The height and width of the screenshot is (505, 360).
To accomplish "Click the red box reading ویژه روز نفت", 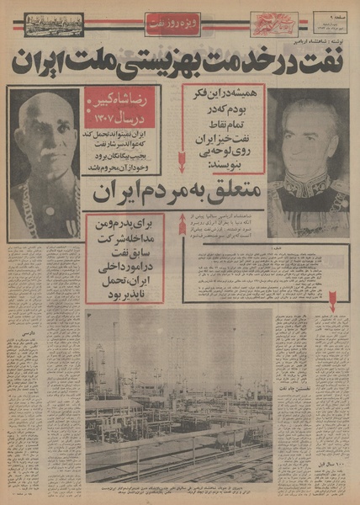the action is tap(172, 24).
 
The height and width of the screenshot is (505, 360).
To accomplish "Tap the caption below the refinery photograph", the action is tap(181, 487).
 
